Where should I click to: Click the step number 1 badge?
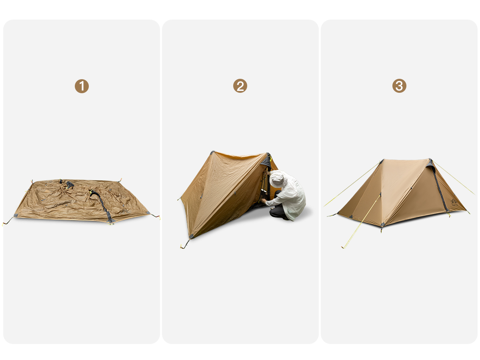point(82,86)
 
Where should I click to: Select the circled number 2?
point(240,86)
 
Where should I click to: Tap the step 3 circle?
point(399,86)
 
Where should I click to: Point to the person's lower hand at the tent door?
point(264,201)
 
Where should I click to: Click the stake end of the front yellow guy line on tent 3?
point(342,248)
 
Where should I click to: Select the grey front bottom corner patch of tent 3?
point(382,224)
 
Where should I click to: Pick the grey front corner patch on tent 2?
point(192,236)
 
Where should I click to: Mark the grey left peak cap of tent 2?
point(212,152)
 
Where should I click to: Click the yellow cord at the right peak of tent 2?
point(270,158)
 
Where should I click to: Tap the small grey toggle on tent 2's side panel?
point(235,193)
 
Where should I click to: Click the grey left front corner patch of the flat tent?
point(16,216)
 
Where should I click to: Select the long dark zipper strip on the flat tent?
point(101,203)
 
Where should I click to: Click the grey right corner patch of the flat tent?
point(148,213)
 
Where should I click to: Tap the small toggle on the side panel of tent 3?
point(411,188)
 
